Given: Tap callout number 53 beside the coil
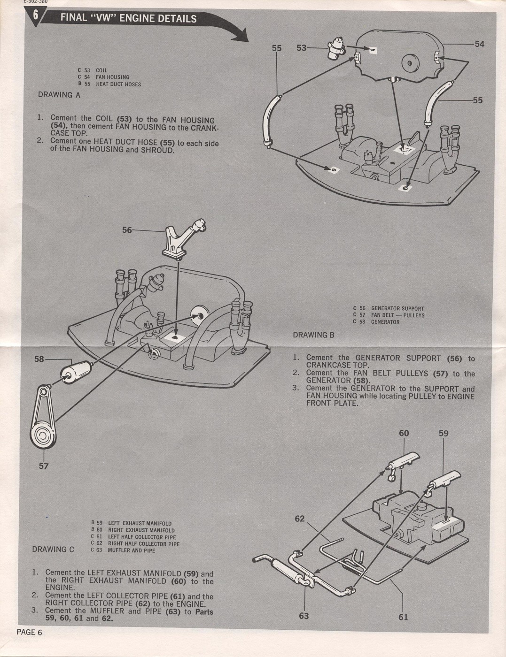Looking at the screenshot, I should (302, 48).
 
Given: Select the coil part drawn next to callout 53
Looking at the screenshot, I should (335, 49).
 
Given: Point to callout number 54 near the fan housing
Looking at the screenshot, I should (479, 44).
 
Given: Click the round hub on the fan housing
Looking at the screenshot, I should (409, 62).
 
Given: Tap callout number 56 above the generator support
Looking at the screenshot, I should (127, 230).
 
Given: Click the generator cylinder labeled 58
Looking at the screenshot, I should (75, 372).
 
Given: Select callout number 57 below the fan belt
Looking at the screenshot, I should (43, 466).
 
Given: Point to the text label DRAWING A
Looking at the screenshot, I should (59, 95).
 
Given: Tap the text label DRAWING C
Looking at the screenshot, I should (53, 550).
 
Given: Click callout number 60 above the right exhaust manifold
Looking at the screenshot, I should (404, 433).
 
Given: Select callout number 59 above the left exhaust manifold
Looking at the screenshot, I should (444, 433).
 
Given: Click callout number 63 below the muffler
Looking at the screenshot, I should (304, 616).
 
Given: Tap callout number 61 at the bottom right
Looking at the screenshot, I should (403, 617).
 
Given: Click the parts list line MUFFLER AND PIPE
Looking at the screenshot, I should (132, 550).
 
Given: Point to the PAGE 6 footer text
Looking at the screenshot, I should (30, 632).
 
